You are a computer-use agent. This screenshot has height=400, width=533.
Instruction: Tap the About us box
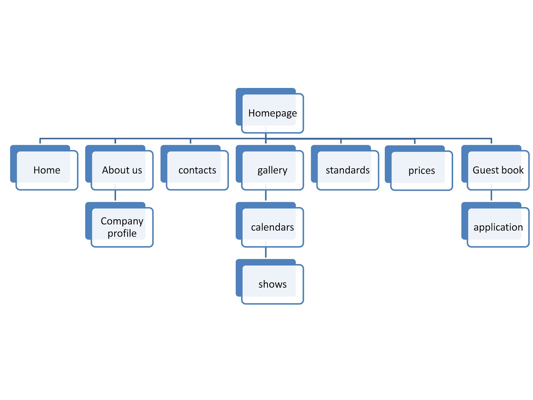point(122,170)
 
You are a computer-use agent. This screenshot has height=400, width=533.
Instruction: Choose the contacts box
point(197,170)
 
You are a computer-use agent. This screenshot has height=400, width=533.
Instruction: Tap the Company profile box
point(122,227)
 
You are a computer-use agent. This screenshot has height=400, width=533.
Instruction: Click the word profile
point(122,233)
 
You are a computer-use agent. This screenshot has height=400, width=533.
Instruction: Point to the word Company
point(122,221)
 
